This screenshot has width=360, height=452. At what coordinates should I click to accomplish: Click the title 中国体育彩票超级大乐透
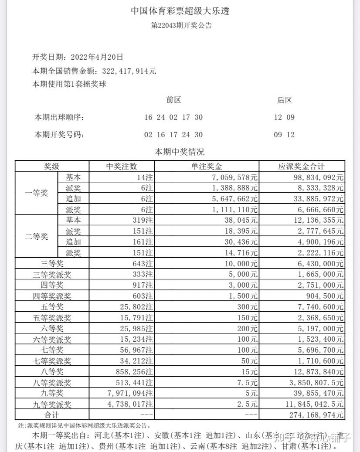click(x=180, y=11)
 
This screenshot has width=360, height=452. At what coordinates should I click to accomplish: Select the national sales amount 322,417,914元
click(x=129, y=71)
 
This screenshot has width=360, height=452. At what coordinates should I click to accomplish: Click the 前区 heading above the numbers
click(x=173, y=100)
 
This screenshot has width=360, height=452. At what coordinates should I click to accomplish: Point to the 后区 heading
click(x=285, y=100)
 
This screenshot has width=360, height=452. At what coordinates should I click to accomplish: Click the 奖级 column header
click(x=52, y=167)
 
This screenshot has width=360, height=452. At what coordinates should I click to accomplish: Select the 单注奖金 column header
click(x=207, y=167)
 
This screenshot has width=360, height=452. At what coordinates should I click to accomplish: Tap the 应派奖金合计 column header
click(x=302, y=167)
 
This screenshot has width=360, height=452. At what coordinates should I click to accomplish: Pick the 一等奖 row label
click(x=37, y=193)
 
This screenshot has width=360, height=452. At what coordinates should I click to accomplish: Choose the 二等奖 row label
click(x=37, y=236)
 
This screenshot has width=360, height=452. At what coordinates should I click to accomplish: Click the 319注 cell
click(x=143, y=220)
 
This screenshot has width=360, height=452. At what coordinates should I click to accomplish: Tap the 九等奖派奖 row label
click(x=52, y=404)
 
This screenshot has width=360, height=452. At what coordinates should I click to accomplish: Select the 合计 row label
click(x=52, y=415)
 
